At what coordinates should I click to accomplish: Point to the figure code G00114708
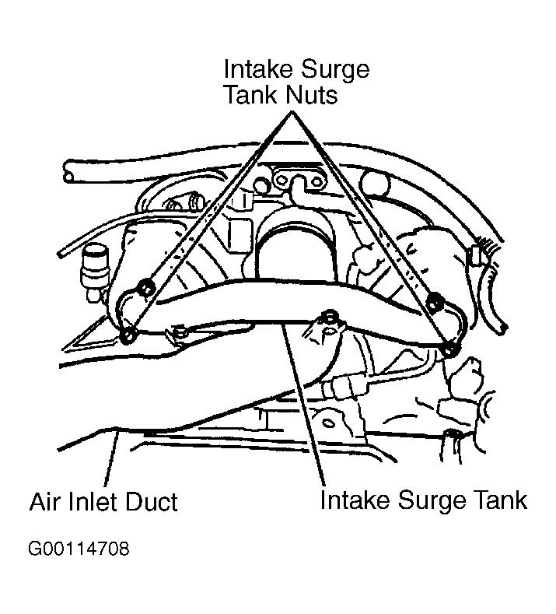(79, 549)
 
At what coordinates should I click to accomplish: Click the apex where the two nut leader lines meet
(292, 112)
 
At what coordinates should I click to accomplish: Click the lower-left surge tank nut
(128, 336)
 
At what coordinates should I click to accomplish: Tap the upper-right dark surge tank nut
(434, 302)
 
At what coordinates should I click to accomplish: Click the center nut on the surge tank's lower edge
(330, 316)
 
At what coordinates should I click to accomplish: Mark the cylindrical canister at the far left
(94, 271)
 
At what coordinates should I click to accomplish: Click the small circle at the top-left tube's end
(68, 177)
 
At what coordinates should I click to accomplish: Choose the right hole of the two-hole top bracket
(316, 181)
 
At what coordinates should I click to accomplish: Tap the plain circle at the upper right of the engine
(375, 183)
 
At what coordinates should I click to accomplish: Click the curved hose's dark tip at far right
(504, 328)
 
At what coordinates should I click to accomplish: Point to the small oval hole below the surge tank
(327, 423)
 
